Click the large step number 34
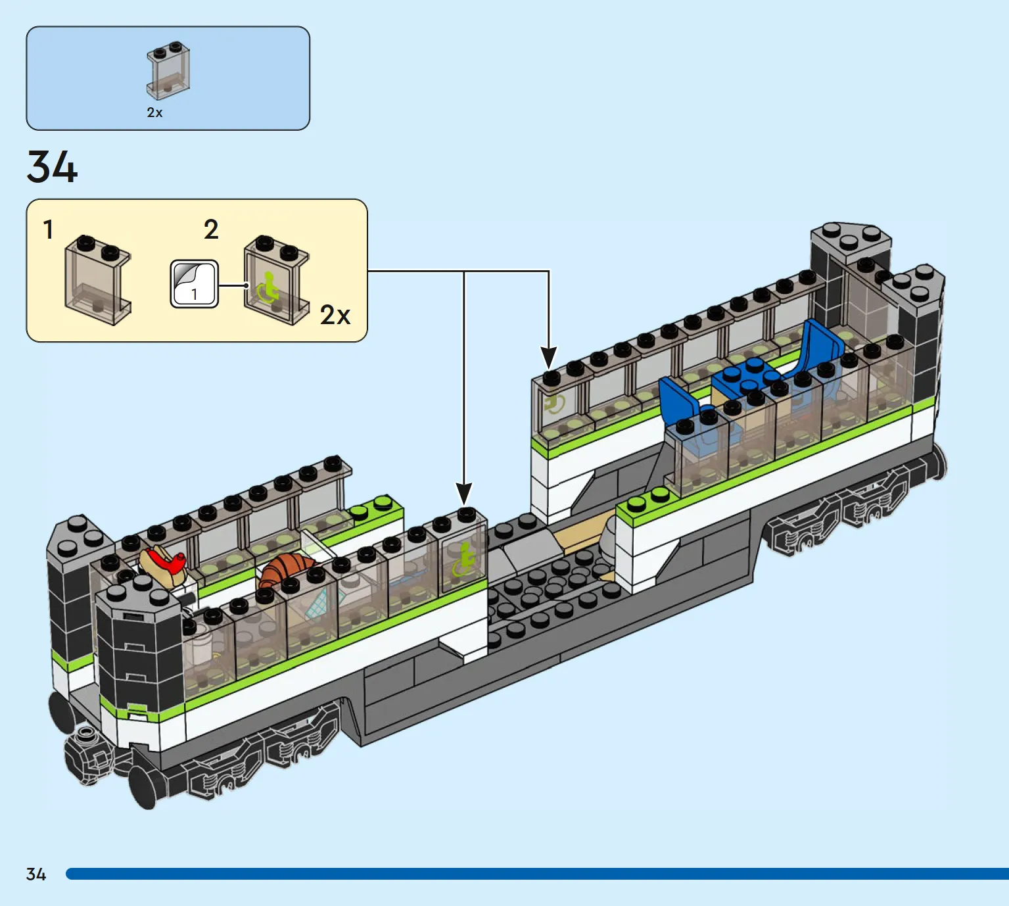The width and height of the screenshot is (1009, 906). coord(53,168)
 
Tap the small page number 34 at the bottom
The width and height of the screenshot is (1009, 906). coord(36,874)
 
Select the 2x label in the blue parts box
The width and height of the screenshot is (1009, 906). coord(154,112)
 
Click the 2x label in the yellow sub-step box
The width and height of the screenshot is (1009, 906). coord(335,315)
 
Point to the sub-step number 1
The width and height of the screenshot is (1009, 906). coord(48,229)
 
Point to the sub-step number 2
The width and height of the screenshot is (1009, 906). coord(211,229)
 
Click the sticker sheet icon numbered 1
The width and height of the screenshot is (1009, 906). coord(194,284)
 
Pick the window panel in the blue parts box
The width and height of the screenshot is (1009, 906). coord(168,70)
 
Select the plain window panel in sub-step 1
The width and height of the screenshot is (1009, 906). coord(97,281)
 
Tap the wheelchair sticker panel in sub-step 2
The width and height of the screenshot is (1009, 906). coord(276,281)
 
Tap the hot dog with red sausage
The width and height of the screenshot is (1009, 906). coord(163,565)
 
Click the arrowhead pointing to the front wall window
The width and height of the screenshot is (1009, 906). coord(463,494)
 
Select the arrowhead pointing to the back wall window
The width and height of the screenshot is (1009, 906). coord(549,358)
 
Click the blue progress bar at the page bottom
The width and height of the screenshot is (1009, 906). coord(538,874)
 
